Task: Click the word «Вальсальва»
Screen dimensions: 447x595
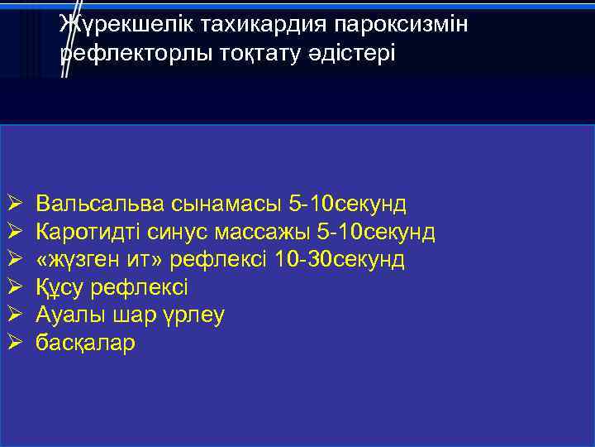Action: coord(102,204)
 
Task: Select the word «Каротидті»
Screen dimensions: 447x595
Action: coord(93,232)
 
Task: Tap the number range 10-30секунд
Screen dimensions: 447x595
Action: coord(340,260)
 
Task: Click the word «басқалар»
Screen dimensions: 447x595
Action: coord(85,344)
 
